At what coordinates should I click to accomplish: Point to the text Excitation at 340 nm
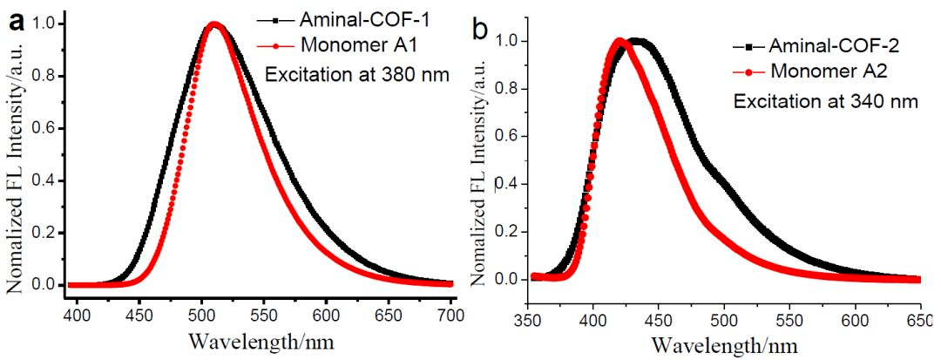point(825,102)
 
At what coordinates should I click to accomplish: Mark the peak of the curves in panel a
point(214,24)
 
